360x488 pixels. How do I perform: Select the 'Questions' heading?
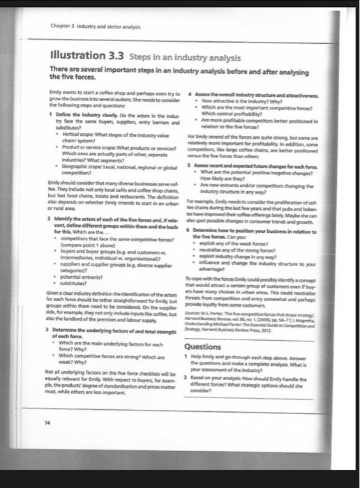coord(204,345)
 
